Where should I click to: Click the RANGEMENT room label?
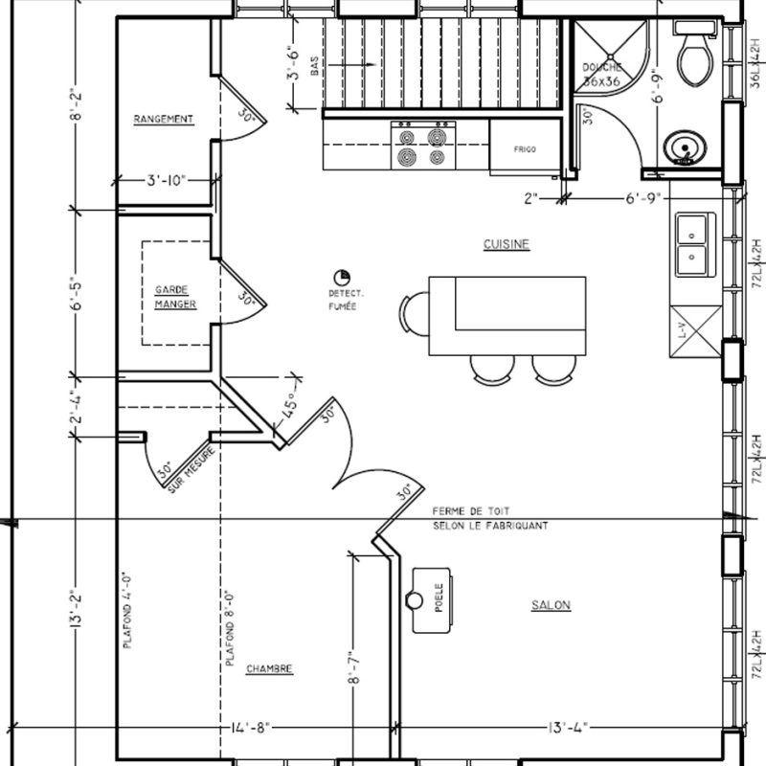(163, 120)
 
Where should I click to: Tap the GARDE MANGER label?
(175, 297)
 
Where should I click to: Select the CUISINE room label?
(507, 245)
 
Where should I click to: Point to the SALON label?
(551, 605)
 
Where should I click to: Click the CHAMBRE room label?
(269, 668)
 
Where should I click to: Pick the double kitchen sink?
(692, 244)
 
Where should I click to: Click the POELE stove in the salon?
(433, 599)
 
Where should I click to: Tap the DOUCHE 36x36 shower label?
(603, 75)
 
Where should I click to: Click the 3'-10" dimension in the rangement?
(166, 179)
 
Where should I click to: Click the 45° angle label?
(288, 409)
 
